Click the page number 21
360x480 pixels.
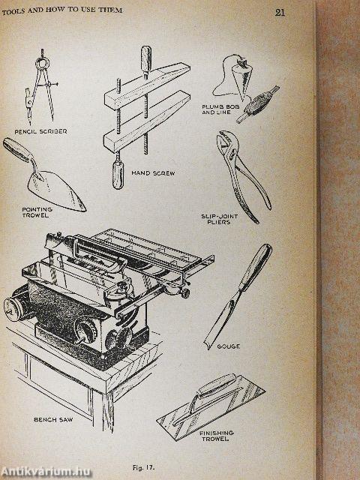point(280,12)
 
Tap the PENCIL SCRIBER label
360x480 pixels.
point(41,130)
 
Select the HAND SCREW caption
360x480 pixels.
point(153,172)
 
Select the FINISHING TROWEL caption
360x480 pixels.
point(217,436)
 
